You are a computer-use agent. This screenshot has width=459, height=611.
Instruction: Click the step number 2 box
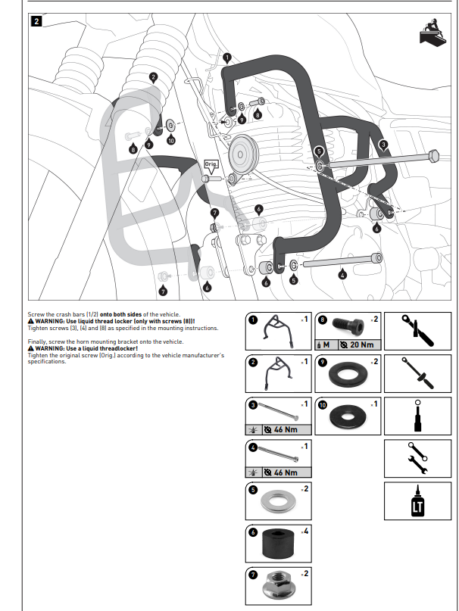(36, 21)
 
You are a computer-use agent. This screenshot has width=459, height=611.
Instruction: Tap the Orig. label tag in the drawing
(212, 164)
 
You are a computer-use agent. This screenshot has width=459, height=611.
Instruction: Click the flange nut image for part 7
(278, 585)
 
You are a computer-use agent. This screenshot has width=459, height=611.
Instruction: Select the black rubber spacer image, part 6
(278, 542)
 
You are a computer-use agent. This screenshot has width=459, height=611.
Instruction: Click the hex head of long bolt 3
(433, 156)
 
